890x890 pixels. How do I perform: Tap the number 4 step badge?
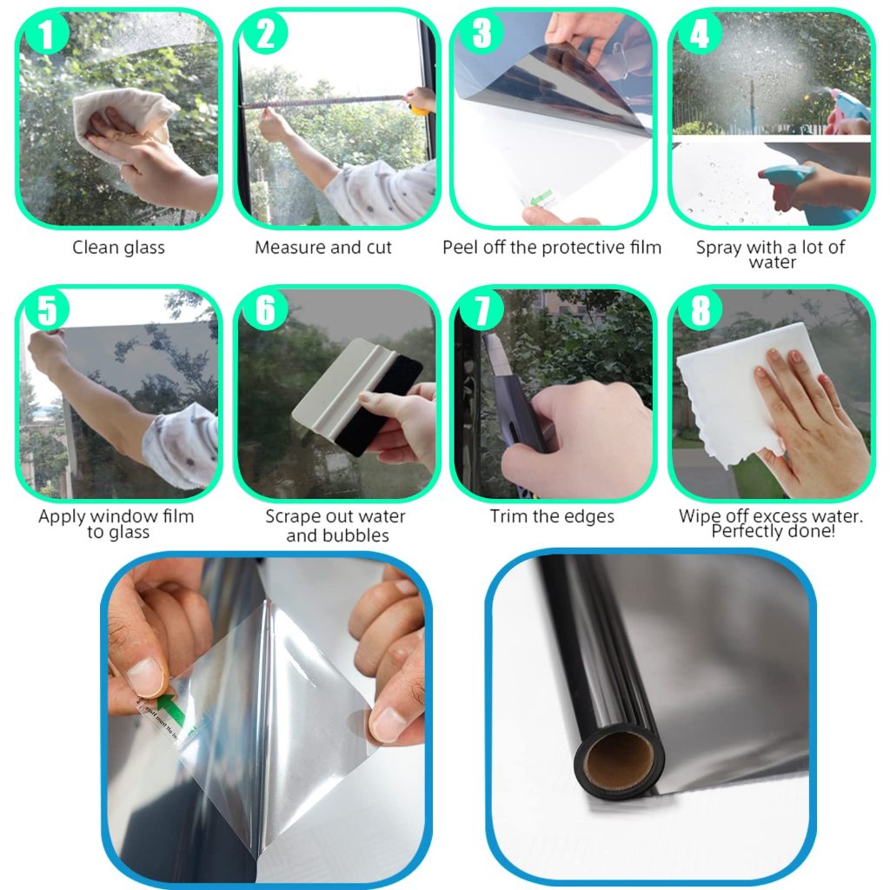(700, 34)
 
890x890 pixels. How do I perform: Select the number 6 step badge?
(264, 310)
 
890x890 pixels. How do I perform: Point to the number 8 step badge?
(700, 310)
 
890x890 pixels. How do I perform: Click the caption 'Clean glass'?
(118, 248)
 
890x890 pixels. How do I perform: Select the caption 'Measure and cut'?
(323, 248)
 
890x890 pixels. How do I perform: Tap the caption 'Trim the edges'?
(552, 516)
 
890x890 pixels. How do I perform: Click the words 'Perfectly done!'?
(773, 531)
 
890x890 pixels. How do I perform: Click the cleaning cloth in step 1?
(122, 119)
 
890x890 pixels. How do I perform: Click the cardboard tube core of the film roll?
(619, 760)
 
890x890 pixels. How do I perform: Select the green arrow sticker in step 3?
(538, 199)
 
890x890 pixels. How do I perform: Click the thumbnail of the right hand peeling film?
(389, 725)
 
